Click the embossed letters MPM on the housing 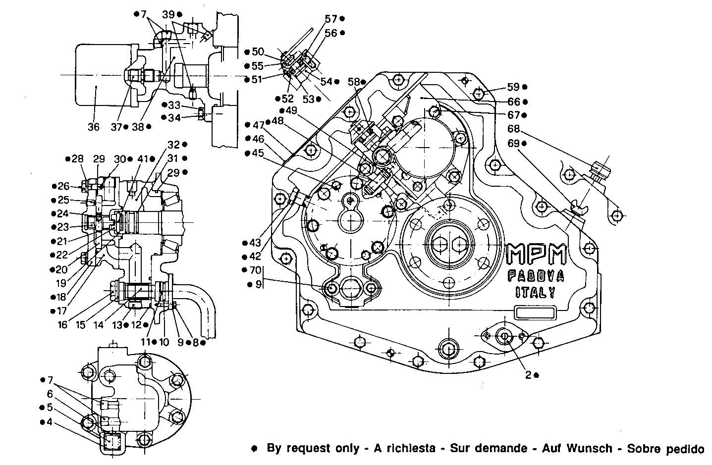537,255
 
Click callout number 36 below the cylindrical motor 94,127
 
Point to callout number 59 513,87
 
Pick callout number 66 514,102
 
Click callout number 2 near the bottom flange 528,375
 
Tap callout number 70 256,270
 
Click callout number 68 513,129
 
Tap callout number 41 143,159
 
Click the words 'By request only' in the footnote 313,449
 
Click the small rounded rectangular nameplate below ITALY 534,313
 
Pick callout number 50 258,52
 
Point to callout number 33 174,105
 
